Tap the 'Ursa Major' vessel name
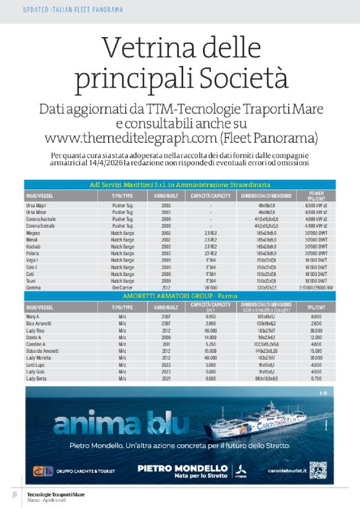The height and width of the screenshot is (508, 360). (x=37, y=205)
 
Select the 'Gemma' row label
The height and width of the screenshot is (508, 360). (x=34, y=287)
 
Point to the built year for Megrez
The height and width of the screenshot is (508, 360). (x=166, y=232)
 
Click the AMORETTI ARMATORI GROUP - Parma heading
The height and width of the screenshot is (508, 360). (x=179, y=296)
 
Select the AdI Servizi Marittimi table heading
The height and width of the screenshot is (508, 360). (x=179, y=185)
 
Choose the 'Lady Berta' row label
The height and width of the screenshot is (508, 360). (x=37, y=378)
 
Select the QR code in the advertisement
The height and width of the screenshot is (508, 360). (x=318, y=470)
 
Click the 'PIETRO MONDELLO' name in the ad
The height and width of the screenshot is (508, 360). (x=182, y=468)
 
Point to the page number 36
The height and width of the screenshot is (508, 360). (x=13, y=494)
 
